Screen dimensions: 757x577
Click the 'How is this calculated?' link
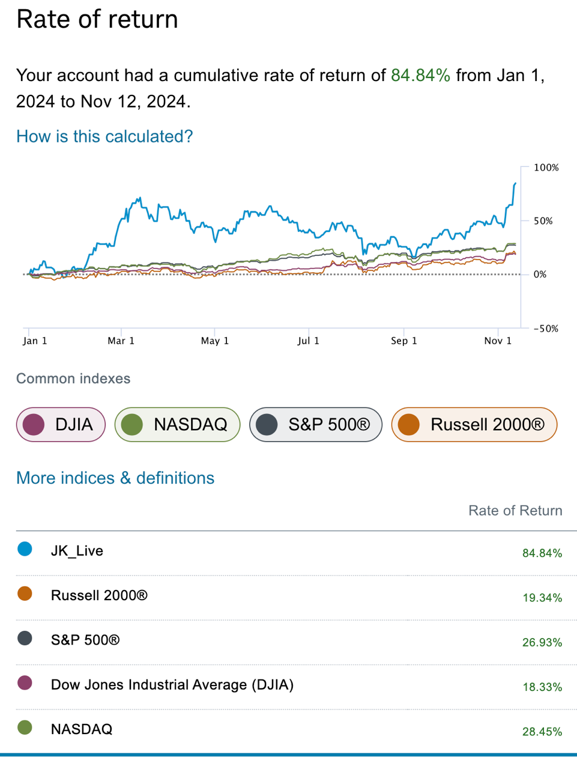(x=104, y=136)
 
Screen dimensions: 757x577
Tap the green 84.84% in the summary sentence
(x=420, y=75)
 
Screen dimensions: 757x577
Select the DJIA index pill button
(x=61, y=424)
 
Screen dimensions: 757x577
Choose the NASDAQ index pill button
(x=177, y=424)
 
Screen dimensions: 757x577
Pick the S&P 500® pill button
(x=315, y=424)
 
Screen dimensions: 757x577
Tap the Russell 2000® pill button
(x=474, y=424)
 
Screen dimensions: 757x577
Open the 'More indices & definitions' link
(x=115, y=478)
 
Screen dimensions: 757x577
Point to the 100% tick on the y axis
(x=546, y=168)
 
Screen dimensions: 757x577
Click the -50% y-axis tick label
(x=544, y=329)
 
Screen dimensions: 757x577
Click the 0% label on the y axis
(x=540, y=275)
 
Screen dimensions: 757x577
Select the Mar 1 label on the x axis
(x=121, y=341)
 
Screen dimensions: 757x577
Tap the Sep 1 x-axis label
(x=403, y=341)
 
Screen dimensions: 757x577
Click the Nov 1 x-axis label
(x=498, y=341)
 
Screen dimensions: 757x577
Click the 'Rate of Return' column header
(x=515, y=511)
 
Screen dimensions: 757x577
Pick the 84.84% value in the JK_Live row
(x=542, y=553)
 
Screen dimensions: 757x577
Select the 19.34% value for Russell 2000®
(x=542, y=598)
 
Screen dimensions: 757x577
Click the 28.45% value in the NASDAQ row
(x=542, y=732)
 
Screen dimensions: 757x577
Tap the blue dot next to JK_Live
(x=25, y=549)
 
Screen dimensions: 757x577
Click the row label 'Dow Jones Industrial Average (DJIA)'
(x=172, y=685)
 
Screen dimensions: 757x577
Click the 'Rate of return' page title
(x=97, y=19)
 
